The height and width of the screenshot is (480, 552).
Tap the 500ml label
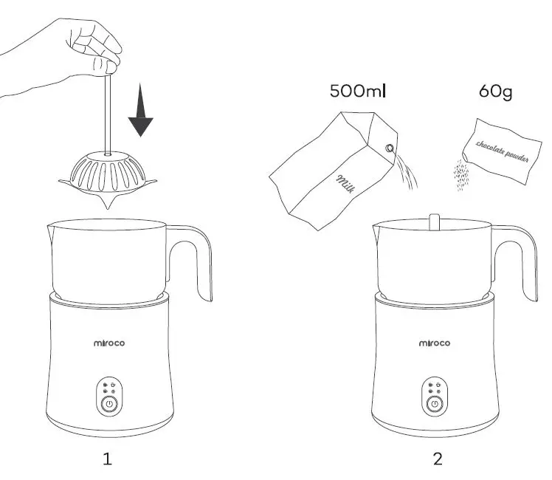tap(358, 92)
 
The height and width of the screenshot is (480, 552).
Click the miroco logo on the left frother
tap(108, 343)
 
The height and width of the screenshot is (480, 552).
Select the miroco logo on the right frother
tap(435, 343)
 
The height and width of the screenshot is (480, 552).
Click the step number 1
tap(108, 459)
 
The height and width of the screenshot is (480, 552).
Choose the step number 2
tap(438, 459)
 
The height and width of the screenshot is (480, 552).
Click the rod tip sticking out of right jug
tap(434, 222)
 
